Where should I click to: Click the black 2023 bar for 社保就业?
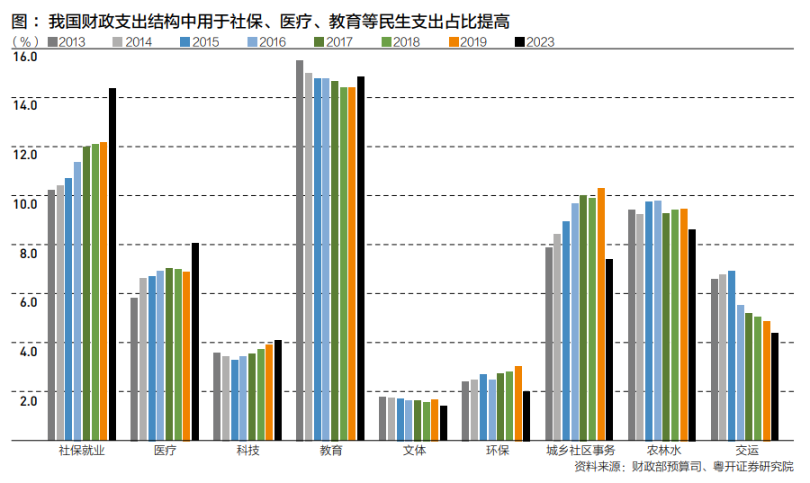pos(112,264)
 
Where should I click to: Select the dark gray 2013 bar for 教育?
pos(300,251)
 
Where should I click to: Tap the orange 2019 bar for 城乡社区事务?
pos(600,315)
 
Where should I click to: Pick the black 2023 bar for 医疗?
pos(195,342)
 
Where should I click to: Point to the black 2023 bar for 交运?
pos(775,387)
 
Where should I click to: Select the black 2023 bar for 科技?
pos(278,390)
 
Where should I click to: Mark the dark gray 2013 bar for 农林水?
pos(632,325)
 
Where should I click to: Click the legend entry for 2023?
pos(534,41)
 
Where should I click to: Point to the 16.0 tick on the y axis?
pos(24,57)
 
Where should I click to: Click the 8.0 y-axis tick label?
pos(24,253)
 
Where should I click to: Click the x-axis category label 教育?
pos(330,451)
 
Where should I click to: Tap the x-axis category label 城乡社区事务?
pos(580,451)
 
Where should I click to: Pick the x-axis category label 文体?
pos(413,451)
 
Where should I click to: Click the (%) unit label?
pos(24,41)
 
